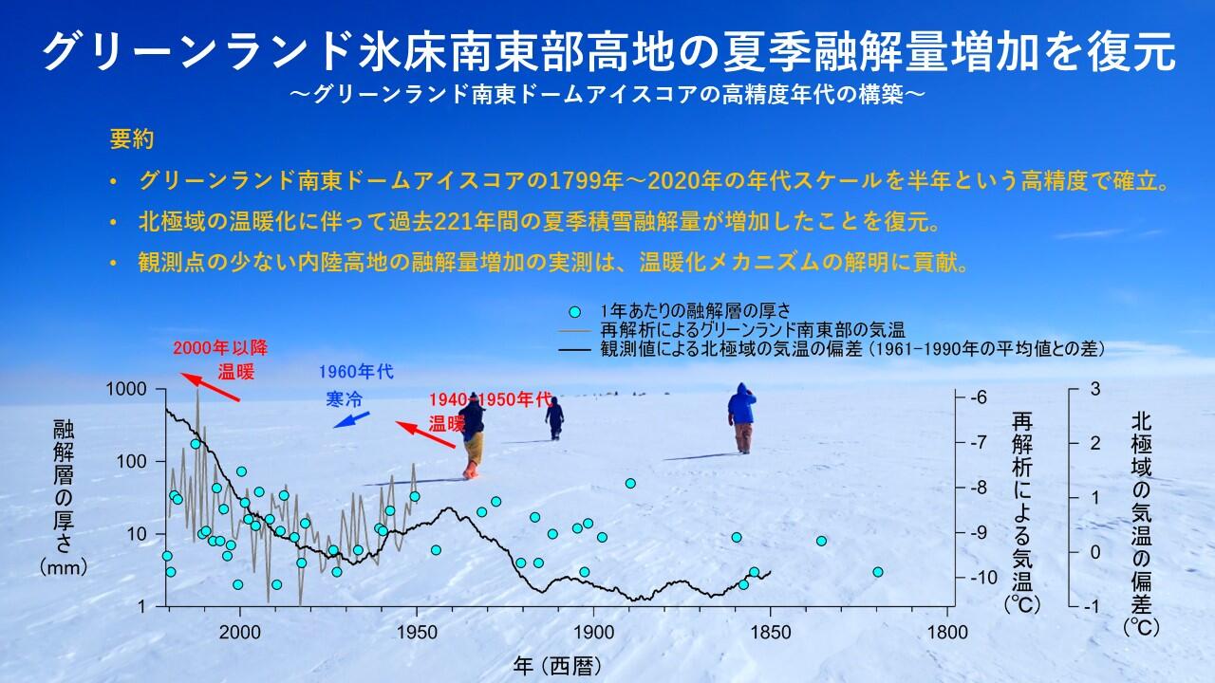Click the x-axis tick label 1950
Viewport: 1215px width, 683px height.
pyautogui.click(x=416, y=632)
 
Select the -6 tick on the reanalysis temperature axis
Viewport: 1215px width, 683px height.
pyautogui.click(x=980, y=397)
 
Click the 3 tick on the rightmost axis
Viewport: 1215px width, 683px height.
pyautogui.click(x=1094, y=389)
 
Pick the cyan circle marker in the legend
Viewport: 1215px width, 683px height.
pyautogui.click(x=573, y=311)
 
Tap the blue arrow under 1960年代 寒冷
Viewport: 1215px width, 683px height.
pyautogui.click(x=352, y=419)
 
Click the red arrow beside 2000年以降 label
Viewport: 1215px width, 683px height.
pyautogui.click(x=210, y=387)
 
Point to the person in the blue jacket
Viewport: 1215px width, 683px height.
pyautogui.click(x=741, y=416)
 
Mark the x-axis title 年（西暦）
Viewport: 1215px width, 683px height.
pyautogui.click(x=557, y=665)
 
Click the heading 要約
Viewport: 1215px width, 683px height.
pyautogui.click(x=132, y=138)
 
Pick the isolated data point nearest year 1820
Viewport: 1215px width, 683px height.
pyautogui.click(x=878, y=572)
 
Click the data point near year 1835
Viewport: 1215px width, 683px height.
pyautogui.click(x=821, y=541)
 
